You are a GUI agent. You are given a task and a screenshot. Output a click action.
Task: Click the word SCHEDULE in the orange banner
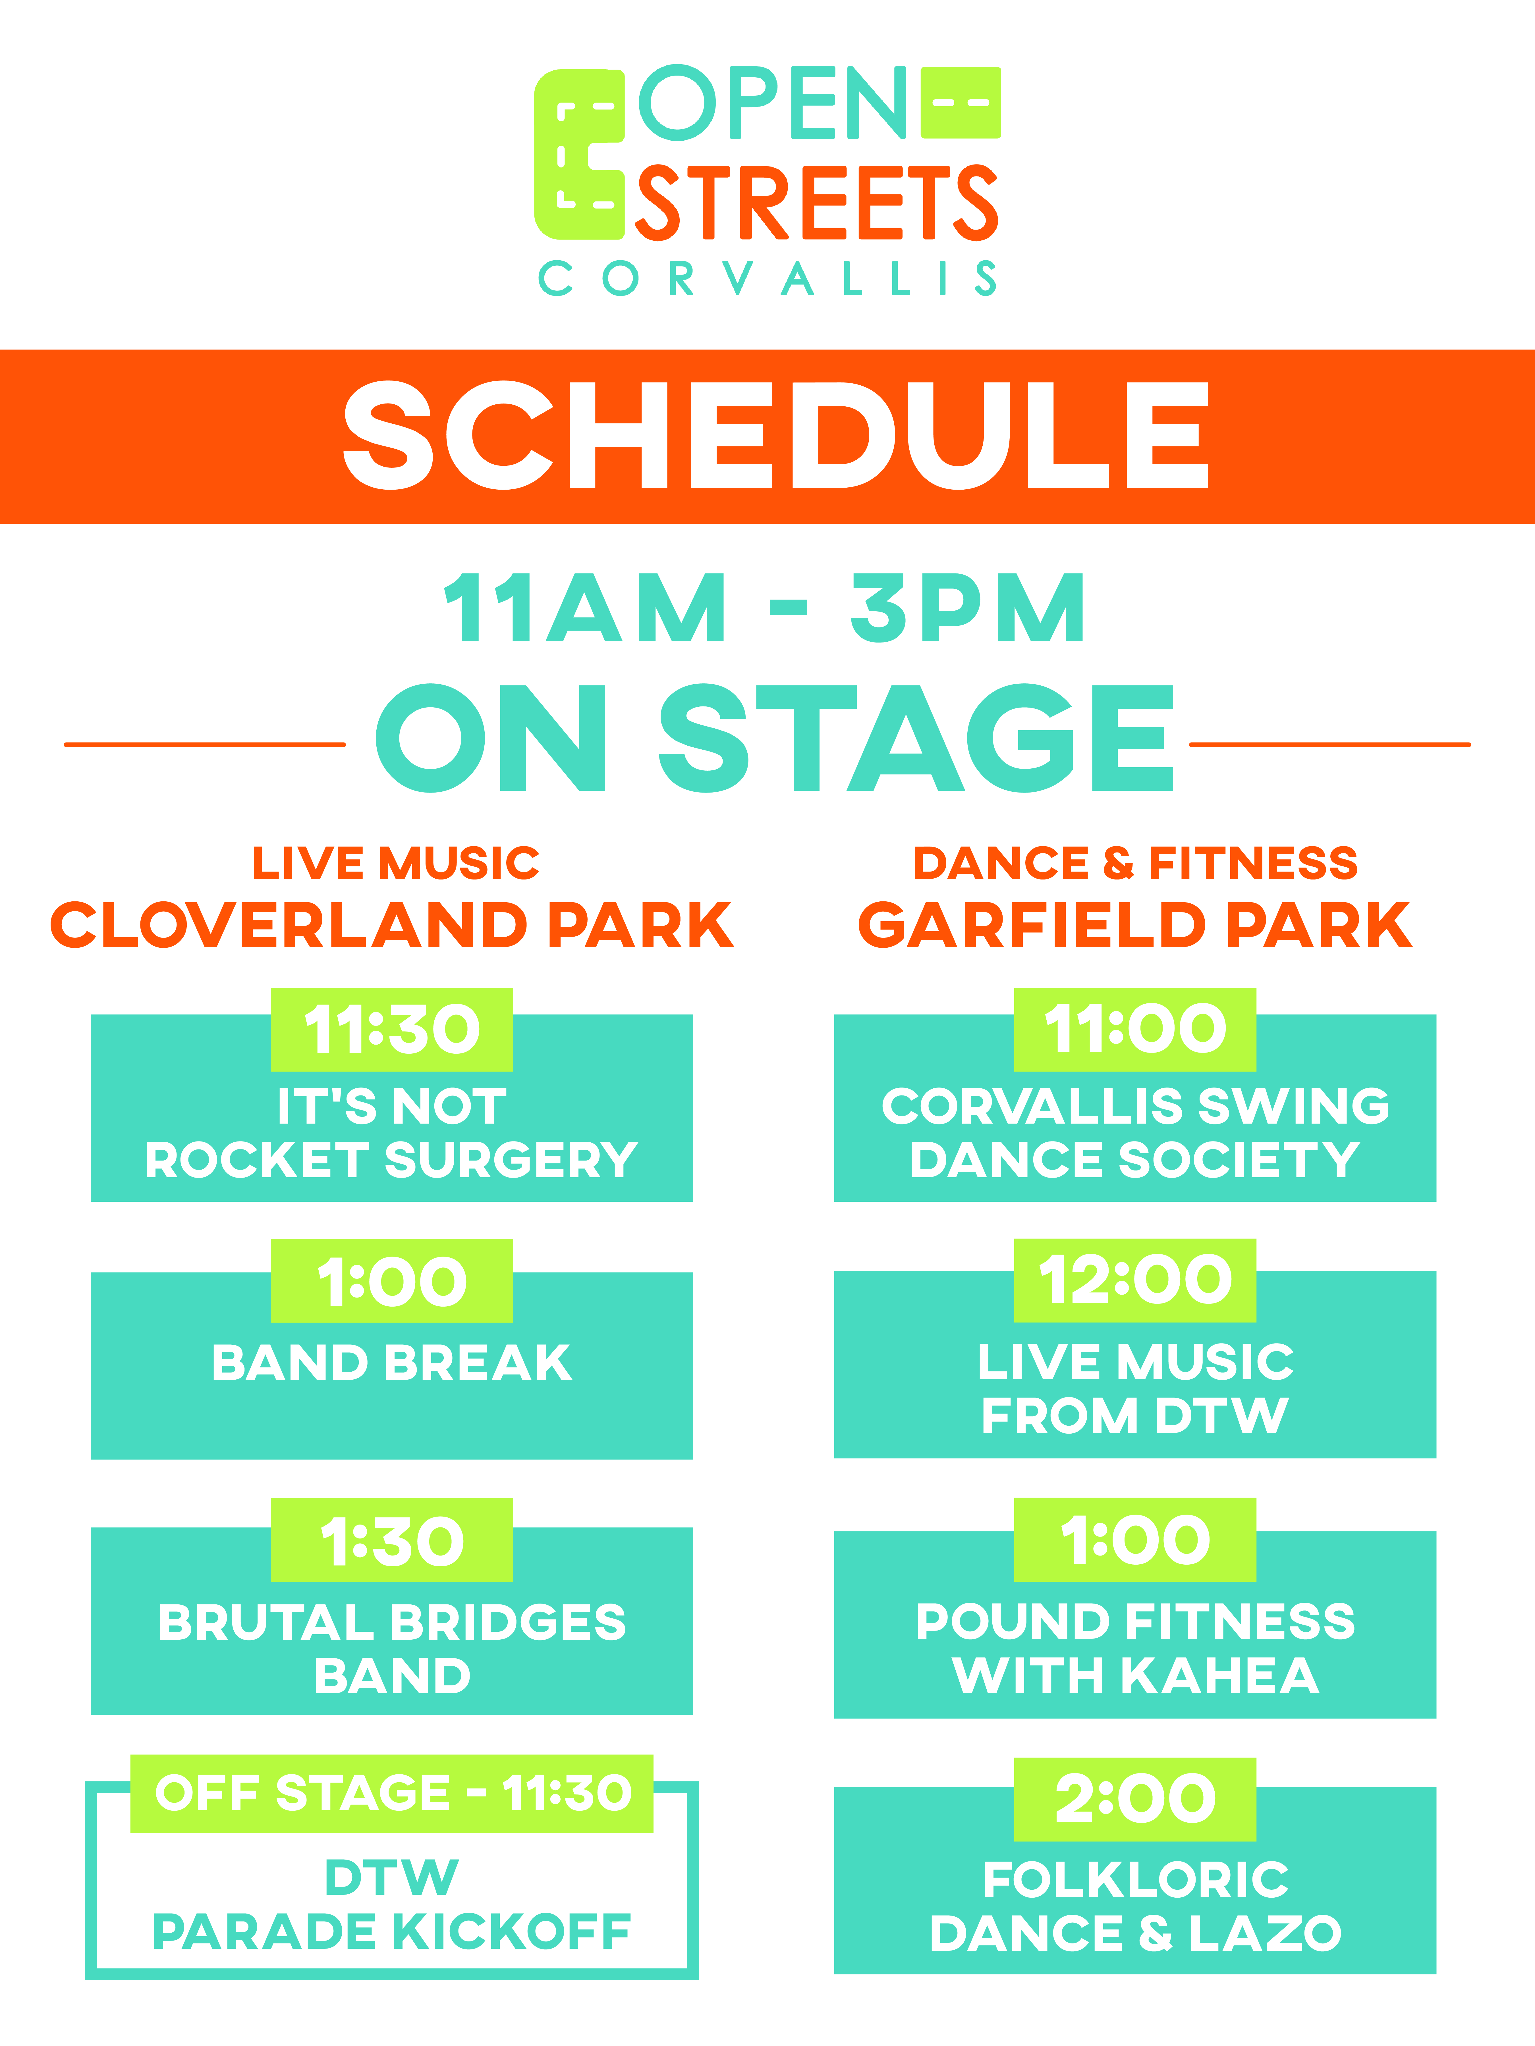[775, 435]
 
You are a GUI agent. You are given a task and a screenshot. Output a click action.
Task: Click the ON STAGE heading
[774, 738]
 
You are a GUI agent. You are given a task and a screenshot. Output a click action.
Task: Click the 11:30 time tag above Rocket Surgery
[391, 1030]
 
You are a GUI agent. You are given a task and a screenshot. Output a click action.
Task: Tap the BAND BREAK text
[392, 1363]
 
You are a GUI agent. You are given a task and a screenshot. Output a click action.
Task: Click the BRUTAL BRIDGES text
[392, 1622]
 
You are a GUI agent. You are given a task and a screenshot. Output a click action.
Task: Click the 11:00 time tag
[1135, 1030]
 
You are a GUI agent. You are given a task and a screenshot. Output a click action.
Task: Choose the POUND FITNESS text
[1135, 1622]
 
